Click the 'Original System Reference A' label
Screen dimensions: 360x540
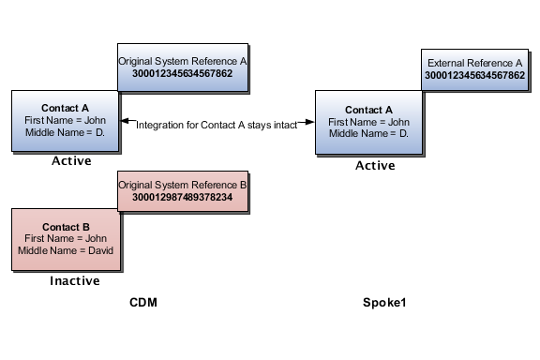click(183, 61)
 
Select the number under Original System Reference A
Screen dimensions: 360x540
click(183, 74)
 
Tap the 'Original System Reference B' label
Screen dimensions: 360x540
click(183, 185)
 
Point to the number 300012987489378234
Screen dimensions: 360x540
click(183, 198)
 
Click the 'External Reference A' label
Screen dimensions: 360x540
click(474, 61)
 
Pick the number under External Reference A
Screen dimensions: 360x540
click(474, 74)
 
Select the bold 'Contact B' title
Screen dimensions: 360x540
click(66, 227)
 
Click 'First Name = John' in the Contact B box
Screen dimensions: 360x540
click(66, 239)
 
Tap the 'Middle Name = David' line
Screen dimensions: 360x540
click(66, 251)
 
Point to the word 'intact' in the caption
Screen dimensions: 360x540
click(282, 125)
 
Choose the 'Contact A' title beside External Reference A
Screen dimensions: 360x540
click(368, 110)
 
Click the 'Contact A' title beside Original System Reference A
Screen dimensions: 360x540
click(66, 108)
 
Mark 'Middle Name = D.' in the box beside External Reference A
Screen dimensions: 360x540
click(368, 134)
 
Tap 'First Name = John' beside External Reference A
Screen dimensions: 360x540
click(368, 122)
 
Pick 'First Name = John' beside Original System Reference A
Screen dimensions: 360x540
click(66, 120)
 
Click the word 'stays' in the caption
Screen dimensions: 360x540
click(253, 125)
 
